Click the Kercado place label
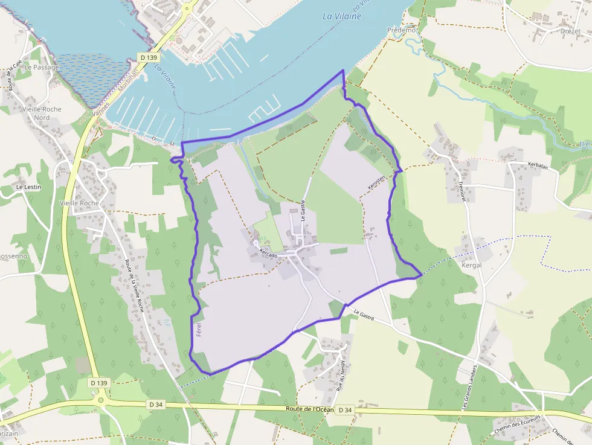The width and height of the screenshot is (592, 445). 268,254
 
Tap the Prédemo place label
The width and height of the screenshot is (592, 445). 402,30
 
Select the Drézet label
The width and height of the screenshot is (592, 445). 570,31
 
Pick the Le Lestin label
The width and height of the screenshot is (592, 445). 28,187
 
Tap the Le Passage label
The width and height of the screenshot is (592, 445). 42,67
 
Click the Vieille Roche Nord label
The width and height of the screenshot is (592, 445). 41,113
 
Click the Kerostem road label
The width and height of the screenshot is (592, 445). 376,186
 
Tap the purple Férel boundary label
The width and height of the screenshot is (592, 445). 199,330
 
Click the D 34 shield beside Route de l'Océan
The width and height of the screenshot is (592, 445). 345,410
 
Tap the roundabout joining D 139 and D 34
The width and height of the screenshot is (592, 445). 101,399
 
